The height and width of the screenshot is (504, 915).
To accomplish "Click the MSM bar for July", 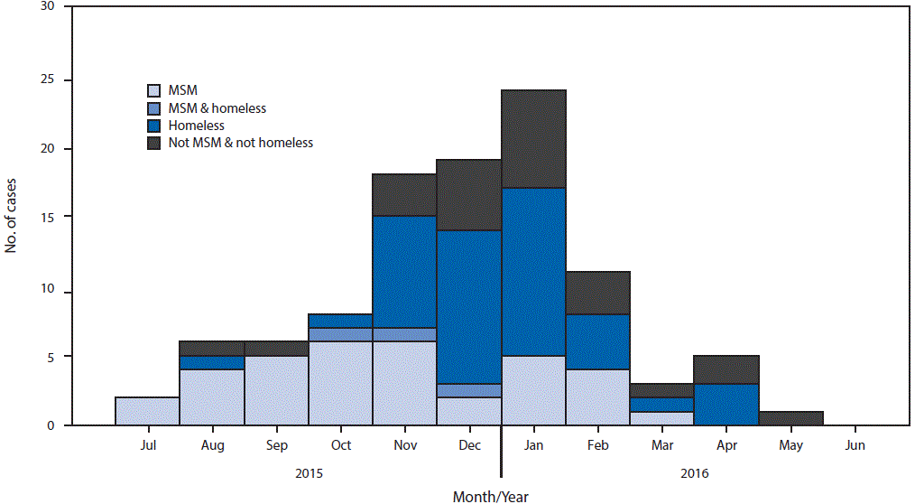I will coord(147,411).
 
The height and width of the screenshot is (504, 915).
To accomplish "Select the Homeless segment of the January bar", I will coord(533,272).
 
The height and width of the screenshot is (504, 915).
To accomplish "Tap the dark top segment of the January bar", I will coord(533,139).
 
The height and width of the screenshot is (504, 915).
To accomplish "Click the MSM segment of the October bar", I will coord(340,383).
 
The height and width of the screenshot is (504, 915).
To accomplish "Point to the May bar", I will coord(790,418).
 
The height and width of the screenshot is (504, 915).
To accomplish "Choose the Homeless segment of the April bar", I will coord(726,404).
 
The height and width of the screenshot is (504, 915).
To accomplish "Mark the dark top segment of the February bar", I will coord(597,293).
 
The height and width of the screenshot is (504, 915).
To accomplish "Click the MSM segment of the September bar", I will coord(276,390).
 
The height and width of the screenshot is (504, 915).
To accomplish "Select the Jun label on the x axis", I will coord(855,445).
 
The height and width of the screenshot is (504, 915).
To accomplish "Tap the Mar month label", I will coord(661,445).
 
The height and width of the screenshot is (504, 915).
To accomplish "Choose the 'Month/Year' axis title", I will coord(490,495).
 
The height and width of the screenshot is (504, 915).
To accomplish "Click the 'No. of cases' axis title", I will coord(12,215).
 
